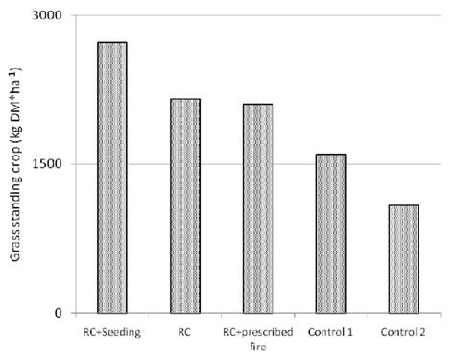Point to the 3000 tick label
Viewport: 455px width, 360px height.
[x=45, y=16]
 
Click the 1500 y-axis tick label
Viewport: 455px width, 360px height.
[x=45, y=164]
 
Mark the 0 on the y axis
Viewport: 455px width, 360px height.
[x=57, y=313]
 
